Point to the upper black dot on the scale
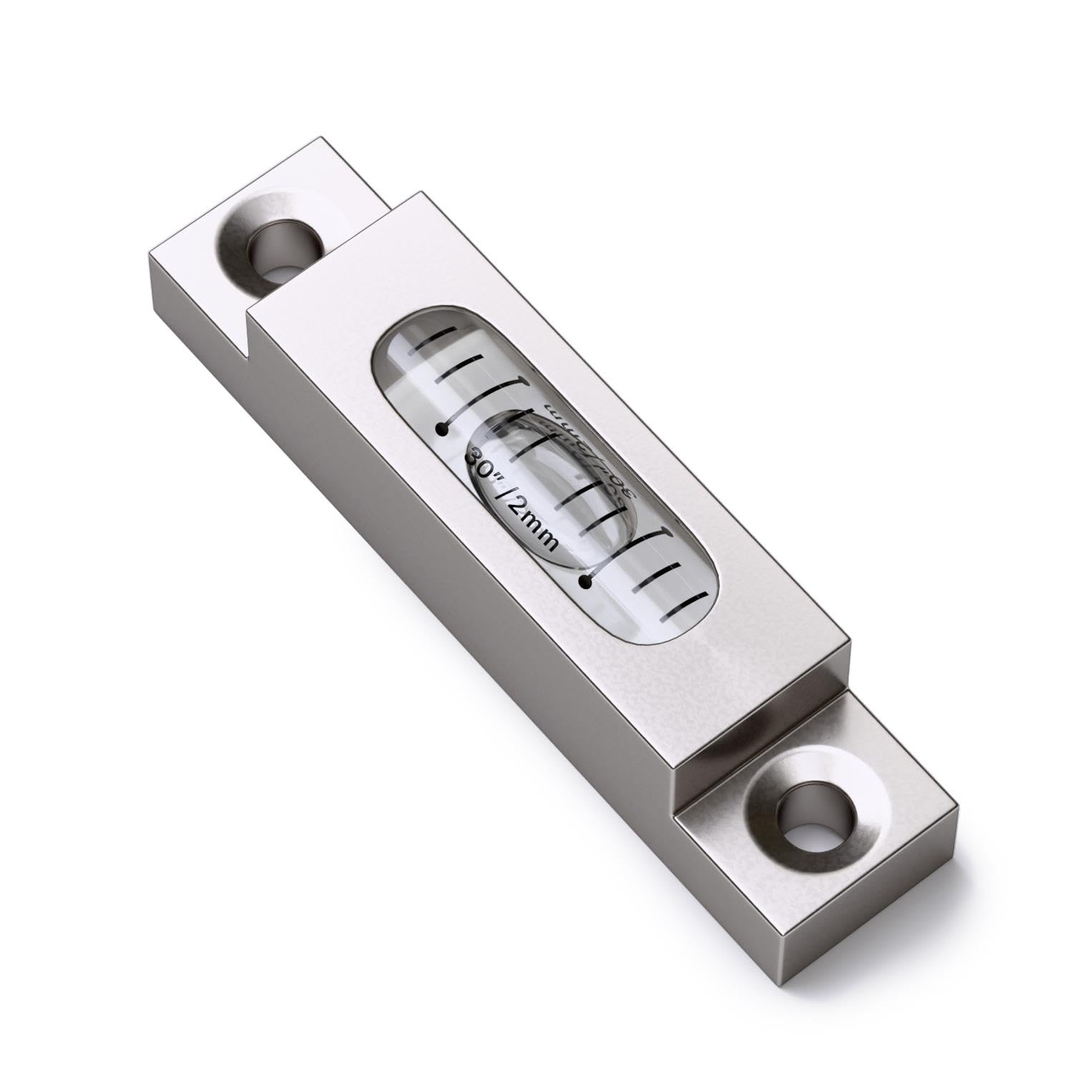[x=441, y=429]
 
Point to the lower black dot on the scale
[x=587, y=579]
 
